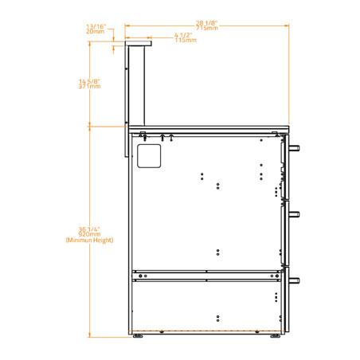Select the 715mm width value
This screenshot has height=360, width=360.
point(206,28)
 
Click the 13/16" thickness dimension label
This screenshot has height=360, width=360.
point(96,26)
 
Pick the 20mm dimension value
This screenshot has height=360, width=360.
point(96,31)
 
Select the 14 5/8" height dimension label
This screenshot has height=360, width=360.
point(89,80)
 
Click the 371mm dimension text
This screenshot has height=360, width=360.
point(89,86)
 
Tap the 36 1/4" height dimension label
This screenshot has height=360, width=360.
point(89,229)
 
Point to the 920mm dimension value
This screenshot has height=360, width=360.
point(89,234)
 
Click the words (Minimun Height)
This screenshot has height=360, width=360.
point(89,240)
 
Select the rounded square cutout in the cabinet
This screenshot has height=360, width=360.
point(149,155)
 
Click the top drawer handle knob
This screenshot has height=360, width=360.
point(295,149)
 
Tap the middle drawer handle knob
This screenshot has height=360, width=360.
point(295,213)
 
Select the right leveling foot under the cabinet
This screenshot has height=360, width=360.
point(276,336)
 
